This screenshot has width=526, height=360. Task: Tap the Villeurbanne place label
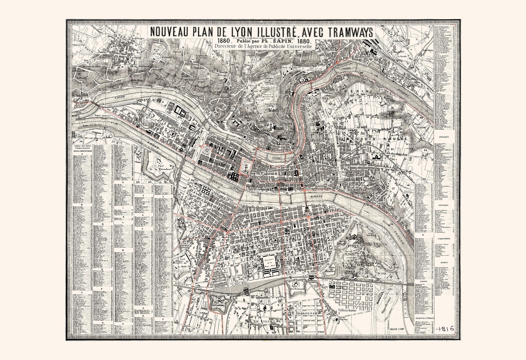(x=349, y=311)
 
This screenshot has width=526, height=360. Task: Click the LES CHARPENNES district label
(x=303, y=313)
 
